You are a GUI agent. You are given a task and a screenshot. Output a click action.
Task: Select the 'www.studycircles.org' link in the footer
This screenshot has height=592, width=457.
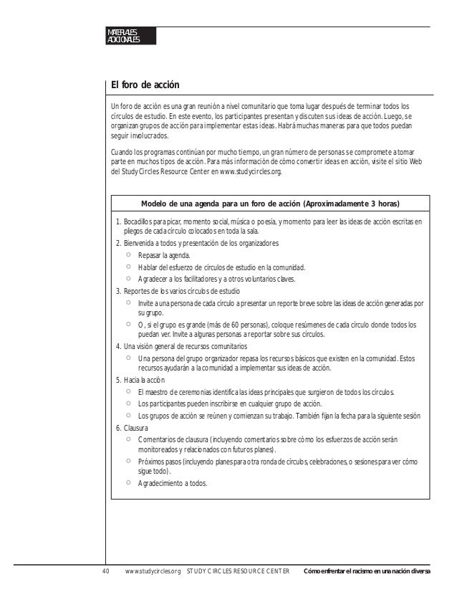tap(152, 571)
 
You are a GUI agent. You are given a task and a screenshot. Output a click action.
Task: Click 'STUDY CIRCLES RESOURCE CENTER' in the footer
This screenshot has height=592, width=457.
tap(238, 571)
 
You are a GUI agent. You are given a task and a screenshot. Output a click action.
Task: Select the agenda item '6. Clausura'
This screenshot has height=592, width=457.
tap(132, 427)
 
